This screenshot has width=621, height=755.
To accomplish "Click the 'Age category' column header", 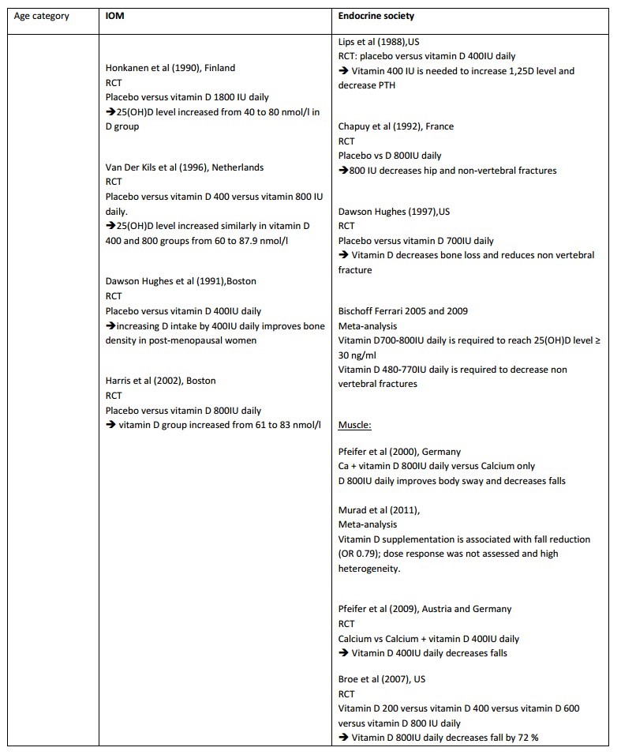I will [41, 16].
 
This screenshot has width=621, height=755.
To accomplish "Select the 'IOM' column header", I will [114, 16].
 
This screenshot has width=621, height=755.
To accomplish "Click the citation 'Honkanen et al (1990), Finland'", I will [170, 68].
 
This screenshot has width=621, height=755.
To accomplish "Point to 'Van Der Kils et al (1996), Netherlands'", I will [185, 167].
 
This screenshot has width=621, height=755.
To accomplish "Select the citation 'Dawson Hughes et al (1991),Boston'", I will [181, 281].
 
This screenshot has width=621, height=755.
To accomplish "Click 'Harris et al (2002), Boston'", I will [161, 381].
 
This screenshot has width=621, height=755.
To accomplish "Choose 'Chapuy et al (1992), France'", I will [396, 126].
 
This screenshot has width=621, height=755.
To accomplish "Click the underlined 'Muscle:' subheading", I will [355, 425].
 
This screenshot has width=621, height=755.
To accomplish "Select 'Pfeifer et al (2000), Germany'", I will [399, 452].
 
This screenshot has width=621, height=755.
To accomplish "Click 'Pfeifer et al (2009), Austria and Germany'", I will [425, 609].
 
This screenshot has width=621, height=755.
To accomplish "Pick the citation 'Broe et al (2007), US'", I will [382, 679].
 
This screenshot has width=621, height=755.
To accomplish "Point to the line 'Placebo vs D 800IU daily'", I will [390, 156].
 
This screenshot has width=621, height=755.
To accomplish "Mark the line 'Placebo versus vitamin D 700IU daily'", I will [417, 240].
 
